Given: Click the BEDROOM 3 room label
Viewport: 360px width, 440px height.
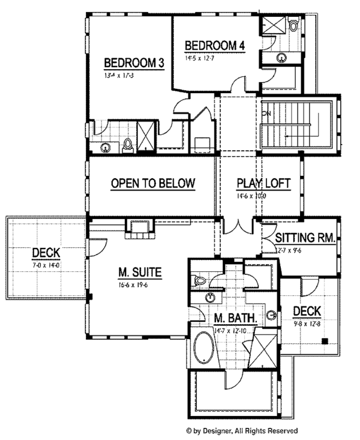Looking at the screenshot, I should point(134,64).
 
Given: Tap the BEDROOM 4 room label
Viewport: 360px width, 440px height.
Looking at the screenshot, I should point(215,46).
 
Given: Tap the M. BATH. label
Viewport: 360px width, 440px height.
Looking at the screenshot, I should point(236,318).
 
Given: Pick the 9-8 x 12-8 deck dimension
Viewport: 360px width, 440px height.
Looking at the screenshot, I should point(307,324).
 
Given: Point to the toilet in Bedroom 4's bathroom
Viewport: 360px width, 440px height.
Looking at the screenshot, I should point(293,25).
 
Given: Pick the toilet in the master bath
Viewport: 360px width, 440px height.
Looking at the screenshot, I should point(200,280).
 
